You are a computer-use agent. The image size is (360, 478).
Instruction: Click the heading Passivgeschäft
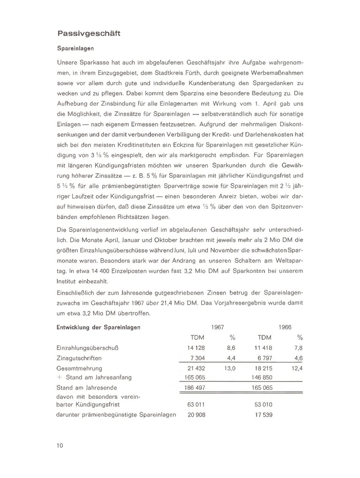88,33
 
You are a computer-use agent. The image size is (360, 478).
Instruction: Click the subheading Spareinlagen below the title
75,49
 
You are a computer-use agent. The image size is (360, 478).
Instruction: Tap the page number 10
60,445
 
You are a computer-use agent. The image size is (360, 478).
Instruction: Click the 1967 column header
217,327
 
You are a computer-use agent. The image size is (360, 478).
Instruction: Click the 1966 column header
285,327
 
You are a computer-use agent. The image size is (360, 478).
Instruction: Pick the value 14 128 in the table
196,348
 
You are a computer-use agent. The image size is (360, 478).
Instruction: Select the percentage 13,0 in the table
230,368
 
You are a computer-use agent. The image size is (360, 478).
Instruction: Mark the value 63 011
196,405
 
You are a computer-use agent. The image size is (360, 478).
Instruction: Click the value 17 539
264,415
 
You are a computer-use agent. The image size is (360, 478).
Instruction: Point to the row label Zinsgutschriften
79,358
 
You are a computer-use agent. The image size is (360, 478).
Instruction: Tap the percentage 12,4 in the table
297,368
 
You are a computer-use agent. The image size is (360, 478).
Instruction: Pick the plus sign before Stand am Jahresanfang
59,377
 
